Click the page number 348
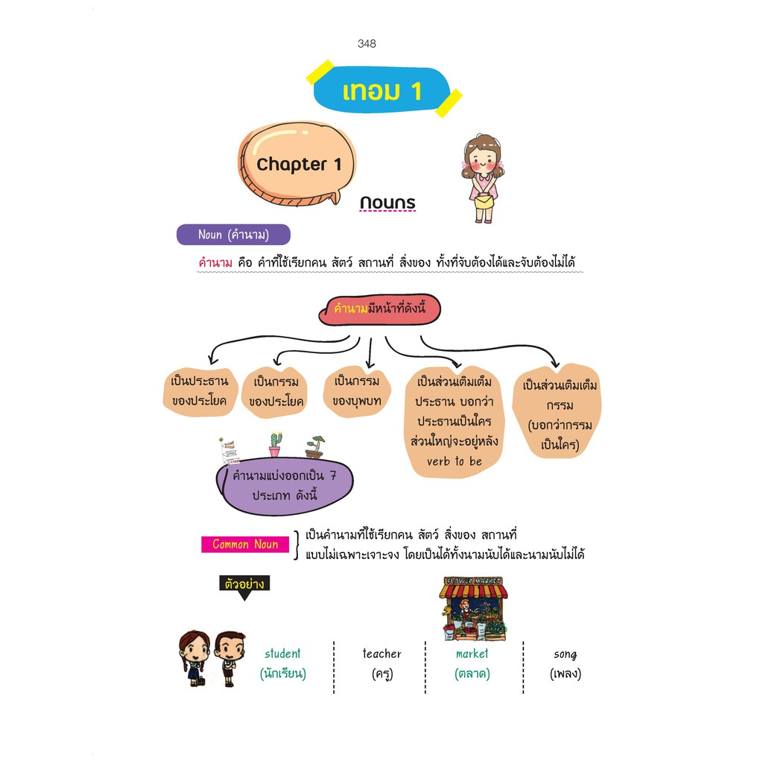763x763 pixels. tap(367, 43)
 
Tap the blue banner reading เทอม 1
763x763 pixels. tap(381, 91)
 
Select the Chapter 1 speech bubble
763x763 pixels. tap(298, 165)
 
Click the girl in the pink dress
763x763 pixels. tap(481, 179)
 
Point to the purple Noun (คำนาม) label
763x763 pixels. tap(232, 235)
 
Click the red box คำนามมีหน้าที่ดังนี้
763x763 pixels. tap(380, 309)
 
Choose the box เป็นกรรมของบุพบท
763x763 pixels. tap(357, 391)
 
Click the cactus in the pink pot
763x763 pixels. tap(276, 444)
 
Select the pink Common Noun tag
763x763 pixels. tap(245, 545)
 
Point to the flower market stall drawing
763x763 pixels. tap(472, 609)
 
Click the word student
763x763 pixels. tap(283, 653)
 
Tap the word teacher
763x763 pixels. tap(381, 653)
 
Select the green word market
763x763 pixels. tap(472, 653)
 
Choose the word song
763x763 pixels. tap(566, 653)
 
